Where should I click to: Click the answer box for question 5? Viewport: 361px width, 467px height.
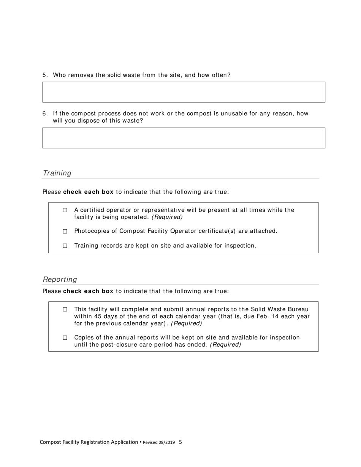coord(184,92)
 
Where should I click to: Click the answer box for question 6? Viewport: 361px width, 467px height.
coord(184,138)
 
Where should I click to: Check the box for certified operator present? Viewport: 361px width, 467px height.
coord(65,210)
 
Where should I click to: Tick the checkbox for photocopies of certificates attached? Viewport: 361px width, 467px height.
coord(65,231)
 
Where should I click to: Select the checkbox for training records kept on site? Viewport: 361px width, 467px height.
coord(65,246)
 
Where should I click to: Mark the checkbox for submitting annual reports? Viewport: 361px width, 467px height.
coord(65,309)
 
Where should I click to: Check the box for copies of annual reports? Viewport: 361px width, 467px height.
coord(65,338)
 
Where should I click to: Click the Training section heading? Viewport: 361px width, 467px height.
coord(57,173)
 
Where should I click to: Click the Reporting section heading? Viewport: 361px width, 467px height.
coord(60,279)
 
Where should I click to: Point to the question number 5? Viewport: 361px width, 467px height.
coord(45,75)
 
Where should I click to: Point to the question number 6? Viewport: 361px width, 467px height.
coord(45,114)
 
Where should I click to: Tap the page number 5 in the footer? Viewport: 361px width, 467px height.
coord(180,442)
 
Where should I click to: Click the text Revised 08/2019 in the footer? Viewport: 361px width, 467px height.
coord(159,442)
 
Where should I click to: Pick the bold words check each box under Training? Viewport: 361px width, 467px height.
coord(88,192)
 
